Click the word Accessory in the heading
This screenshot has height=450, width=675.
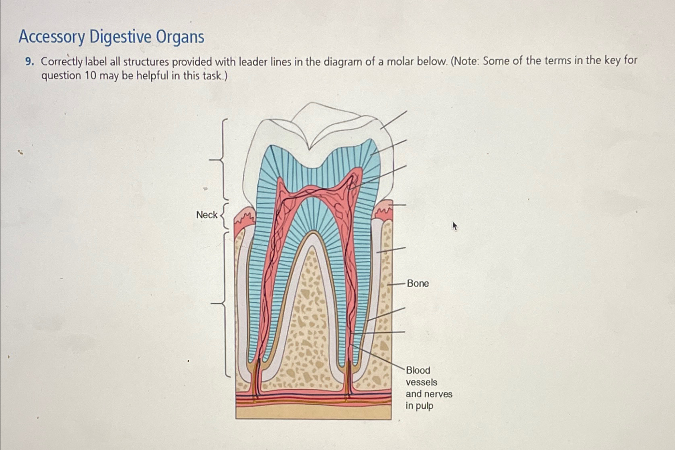[52, 37]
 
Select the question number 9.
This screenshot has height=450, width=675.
[29, 61]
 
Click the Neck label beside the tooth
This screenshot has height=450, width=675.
[207, 215]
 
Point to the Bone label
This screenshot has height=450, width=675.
[418, 284]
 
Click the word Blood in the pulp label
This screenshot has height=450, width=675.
[418, 370]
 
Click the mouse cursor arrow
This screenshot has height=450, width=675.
[454, 226]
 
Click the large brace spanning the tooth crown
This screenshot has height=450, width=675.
[222, 159]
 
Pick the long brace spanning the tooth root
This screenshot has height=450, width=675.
[224, 304]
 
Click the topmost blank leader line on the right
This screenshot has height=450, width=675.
[394, 120]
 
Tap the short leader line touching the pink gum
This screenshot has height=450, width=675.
[397, 205]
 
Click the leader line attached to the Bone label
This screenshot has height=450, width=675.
[396, 284]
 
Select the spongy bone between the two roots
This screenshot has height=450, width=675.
[311, 321]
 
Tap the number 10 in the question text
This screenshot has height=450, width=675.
[90, 75]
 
